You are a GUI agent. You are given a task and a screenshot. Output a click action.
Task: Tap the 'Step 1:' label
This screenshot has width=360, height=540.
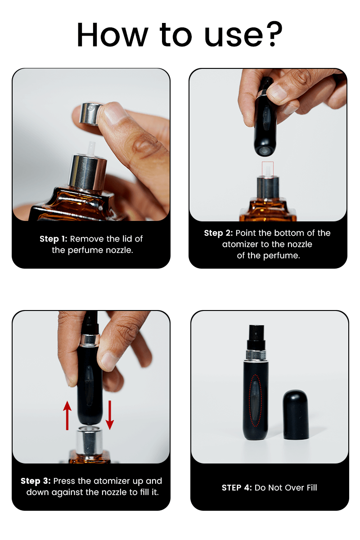point(53,239)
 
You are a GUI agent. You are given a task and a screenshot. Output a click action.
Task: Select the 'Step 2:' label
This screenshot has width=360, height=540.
point(218,233)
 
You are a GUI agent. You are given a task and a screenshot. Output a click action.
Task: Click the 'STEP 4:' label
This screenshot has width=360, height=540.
point(237,488)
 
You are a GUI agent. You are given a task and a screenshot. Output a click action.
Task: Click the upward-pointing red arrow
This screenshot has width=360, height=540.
point(67,415)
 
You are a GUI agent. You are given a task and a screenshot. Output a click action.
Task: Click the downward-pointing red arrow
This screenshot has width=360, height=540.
point(109,415)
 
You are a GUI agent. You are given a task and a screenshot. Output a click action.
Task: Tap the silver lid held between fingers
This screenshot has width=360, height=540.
point(91,113)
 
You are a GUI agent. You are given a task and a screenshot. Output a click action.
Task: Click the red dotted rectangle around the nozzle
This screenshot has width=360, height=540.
point(268,170)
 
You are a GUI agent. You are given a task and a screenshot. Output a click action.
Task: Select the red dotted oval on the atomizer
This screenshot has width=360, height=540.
point(255,400)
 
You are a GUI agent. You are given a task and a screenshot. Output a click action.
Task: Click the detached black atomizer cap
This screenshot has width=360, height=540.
point(296,414)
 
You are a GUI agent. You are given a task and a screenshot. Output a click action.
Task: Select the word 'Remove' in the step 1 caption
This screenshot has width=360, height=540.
point(84,239)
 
